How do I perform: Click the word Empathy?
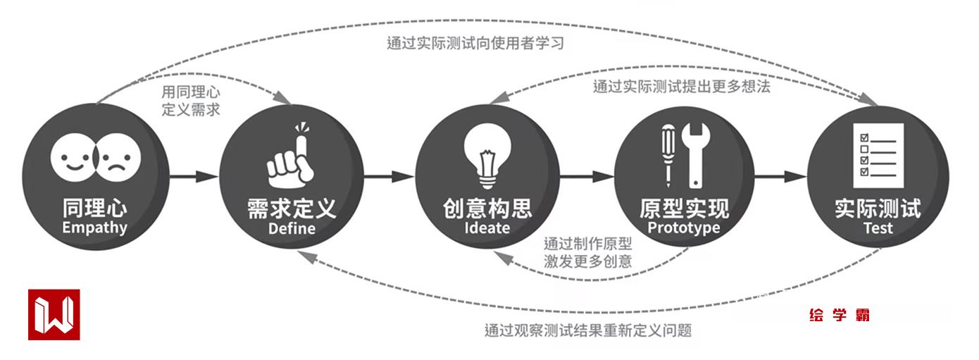(94, 228)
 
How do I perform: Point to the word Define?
(292, 229)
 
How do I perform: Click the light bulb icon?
(487, 151)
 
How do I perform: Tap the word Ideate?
(487, 228)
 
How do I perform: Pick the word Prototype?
(684, 228)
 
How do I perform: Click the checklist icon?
(878, 154)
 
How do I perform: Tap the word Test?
(878, 228)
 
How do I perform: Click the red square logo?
(54, 315)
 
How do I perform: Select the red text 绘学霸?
(840, 315)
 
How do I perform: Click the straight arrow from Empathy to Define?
(192, 176)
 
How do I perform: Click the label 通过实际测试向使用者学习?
(475, 43)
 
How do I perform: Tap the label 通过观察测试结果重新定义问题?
(588, 329)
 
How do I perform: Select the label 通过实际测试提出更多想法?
(681, 87)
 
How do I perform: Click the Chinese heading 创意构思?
(487, 208)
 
